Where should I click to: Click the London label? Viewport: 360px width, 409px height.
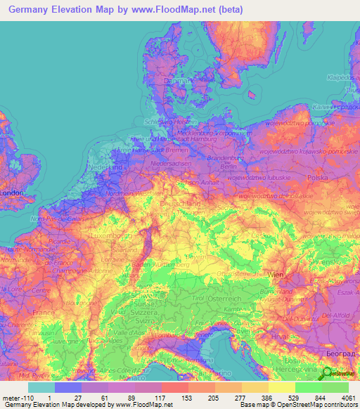[12, 193]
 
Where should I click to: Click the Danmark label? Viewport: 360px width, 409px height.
[176, 81]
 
